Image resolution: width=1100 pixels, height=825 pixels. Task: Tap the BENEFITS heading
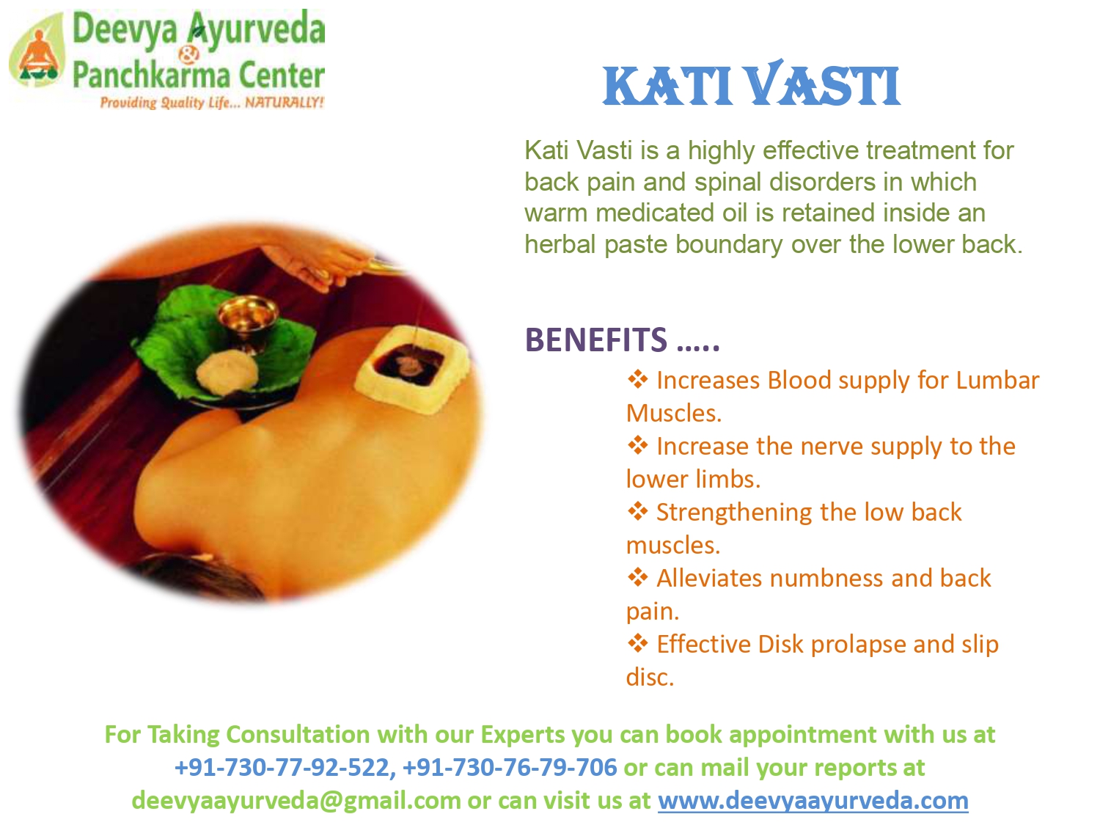(622, 340)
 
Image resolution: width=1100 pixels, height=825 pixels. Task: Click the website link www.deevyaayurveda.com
(813, 800)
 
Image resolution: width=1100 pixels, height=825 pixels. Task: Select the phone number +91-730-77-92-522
(282, 767)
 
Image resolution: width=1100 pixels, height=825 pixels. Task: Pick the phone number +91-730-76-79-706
(509, 767)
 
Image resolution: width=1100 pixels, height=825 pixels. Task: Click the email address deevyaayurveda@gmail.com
(296, 800)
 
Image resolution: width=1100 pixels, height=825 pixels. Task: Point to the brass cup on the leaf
(247, 318)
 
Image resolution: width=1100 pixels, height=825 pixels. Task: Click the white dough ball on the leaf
(227, 371)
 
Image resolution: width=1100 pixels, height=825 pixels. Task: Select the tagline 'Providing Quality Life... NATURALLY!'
(212, 102)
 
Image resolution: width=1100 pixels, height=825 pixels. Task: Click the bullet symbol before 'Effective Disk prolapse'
(637, 643)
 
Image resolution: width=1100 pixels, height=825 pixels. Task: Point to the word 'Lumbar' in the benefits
(997, 380)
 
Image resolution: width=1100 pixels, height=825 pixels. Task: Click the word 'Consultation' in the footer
(298, 734)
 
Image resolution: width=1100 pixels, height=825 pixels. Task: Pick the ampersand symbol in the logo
(189, 54)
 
